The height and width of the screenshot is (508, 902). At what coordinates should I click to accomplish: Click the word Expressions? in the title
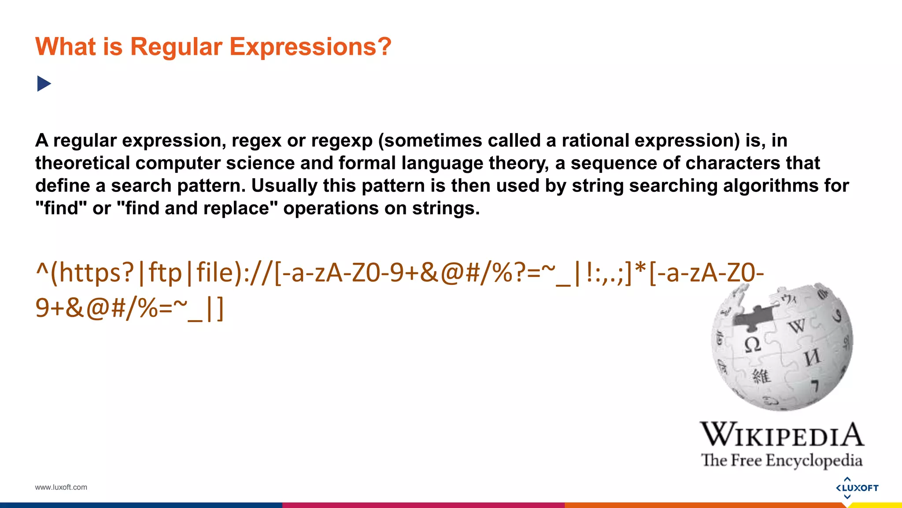click(310, 47)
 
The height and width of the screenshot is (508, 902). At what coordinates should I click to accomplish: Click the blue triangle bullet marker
click(44, 84)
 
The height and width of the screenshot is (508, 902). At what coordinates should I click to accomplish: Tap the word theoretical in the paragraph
click(82, 163)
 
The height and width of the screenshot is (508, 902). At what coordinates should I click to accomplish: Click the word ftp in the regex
click(165, 273)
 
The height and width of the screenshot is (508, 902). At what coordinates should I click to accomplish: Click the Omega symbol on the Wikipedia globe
click(752, 344)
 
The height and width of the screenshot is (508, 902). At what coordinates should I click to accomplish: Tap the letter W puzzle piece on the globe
click(796, 326)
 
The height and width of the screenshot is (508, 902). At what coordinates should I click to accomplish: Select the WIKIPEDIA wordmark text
click(782, 435)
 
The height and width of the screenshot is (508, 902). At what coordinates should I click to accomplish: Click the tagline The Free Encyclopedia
click(782, 460)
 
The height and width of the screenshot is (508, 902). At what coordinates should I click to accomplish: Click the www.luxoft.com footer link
click(61, 487)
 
